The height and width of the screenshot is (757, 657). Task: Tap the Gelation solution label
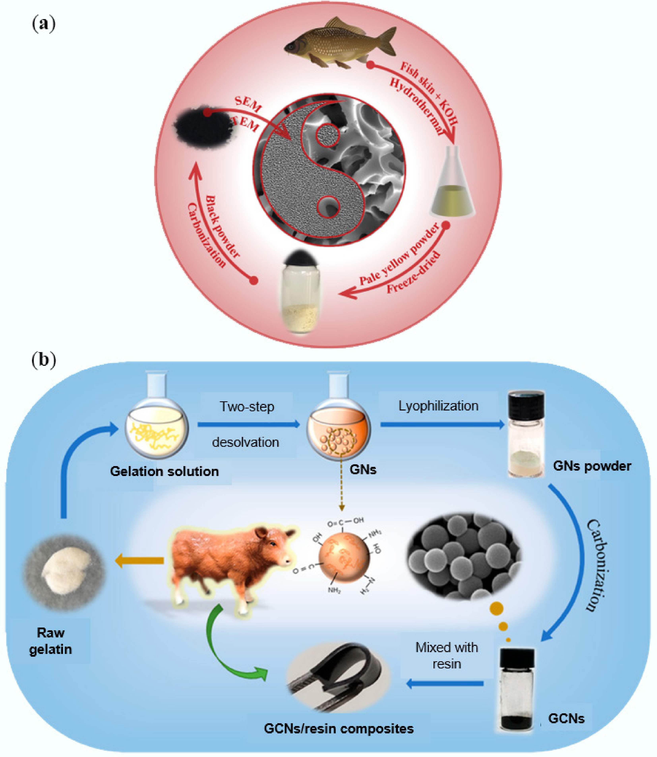click(164, 471)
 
